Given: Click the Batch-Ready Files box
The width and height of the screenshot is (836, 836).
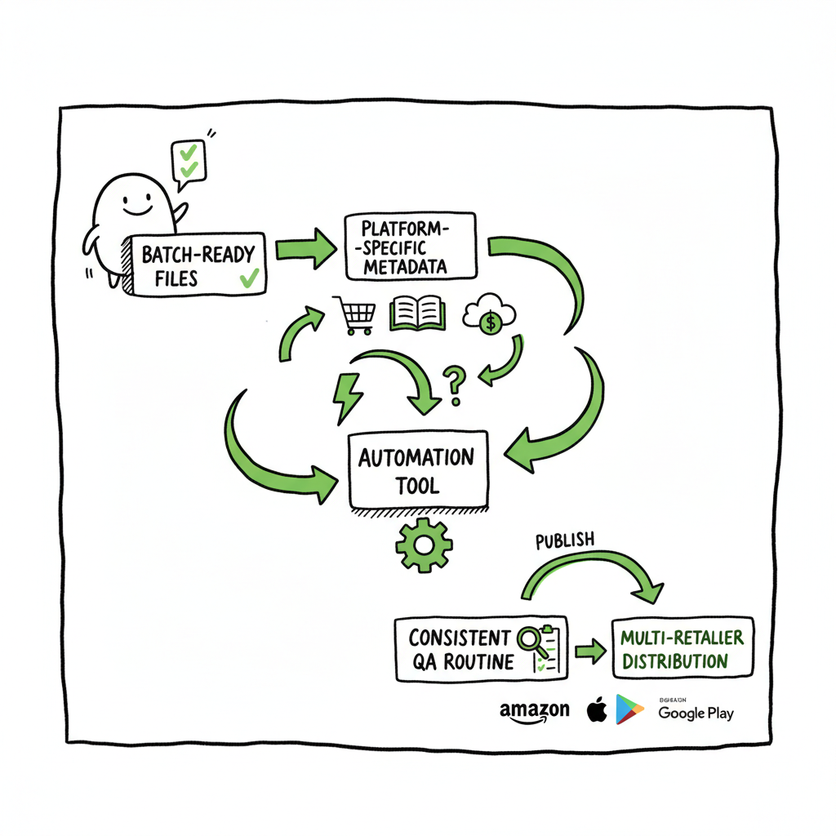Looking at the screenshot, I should (x=198, y=264).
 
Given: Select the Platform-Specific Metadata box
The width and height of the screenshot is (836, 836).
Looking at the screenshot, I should (x=408, y=245).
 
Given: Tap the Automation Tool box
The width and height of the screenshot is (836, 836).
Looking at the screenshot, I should (x=418, y=470).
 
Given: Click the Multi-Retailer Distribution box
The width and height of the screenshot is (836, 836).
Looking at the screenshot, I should (x=683, y=648).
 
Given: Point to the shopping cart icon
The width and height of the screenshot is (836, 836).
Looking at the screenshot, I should (x=354, y=315).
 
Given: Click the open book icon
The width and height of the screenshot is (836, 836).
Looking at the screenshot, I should (x=418, y=313).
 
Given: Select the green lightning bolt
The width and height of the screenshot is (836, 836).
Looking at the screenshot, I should (x=346, y=395).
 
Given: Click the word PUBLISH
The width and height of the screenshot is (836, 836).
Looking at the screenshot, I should (x=564, y=541).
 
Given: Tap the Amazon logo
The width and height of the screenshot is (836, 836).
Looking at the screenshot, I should (x=535, y=711).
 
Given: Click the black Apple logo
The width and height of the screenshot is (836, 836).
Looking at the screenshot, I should (x=597, y=709).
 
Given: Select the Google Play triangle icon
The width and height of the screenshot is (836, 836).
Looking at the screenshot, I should (x=629, y=709).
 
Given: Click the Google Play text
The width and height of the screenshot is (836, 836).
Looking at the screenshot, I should (x=696, y=714).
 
